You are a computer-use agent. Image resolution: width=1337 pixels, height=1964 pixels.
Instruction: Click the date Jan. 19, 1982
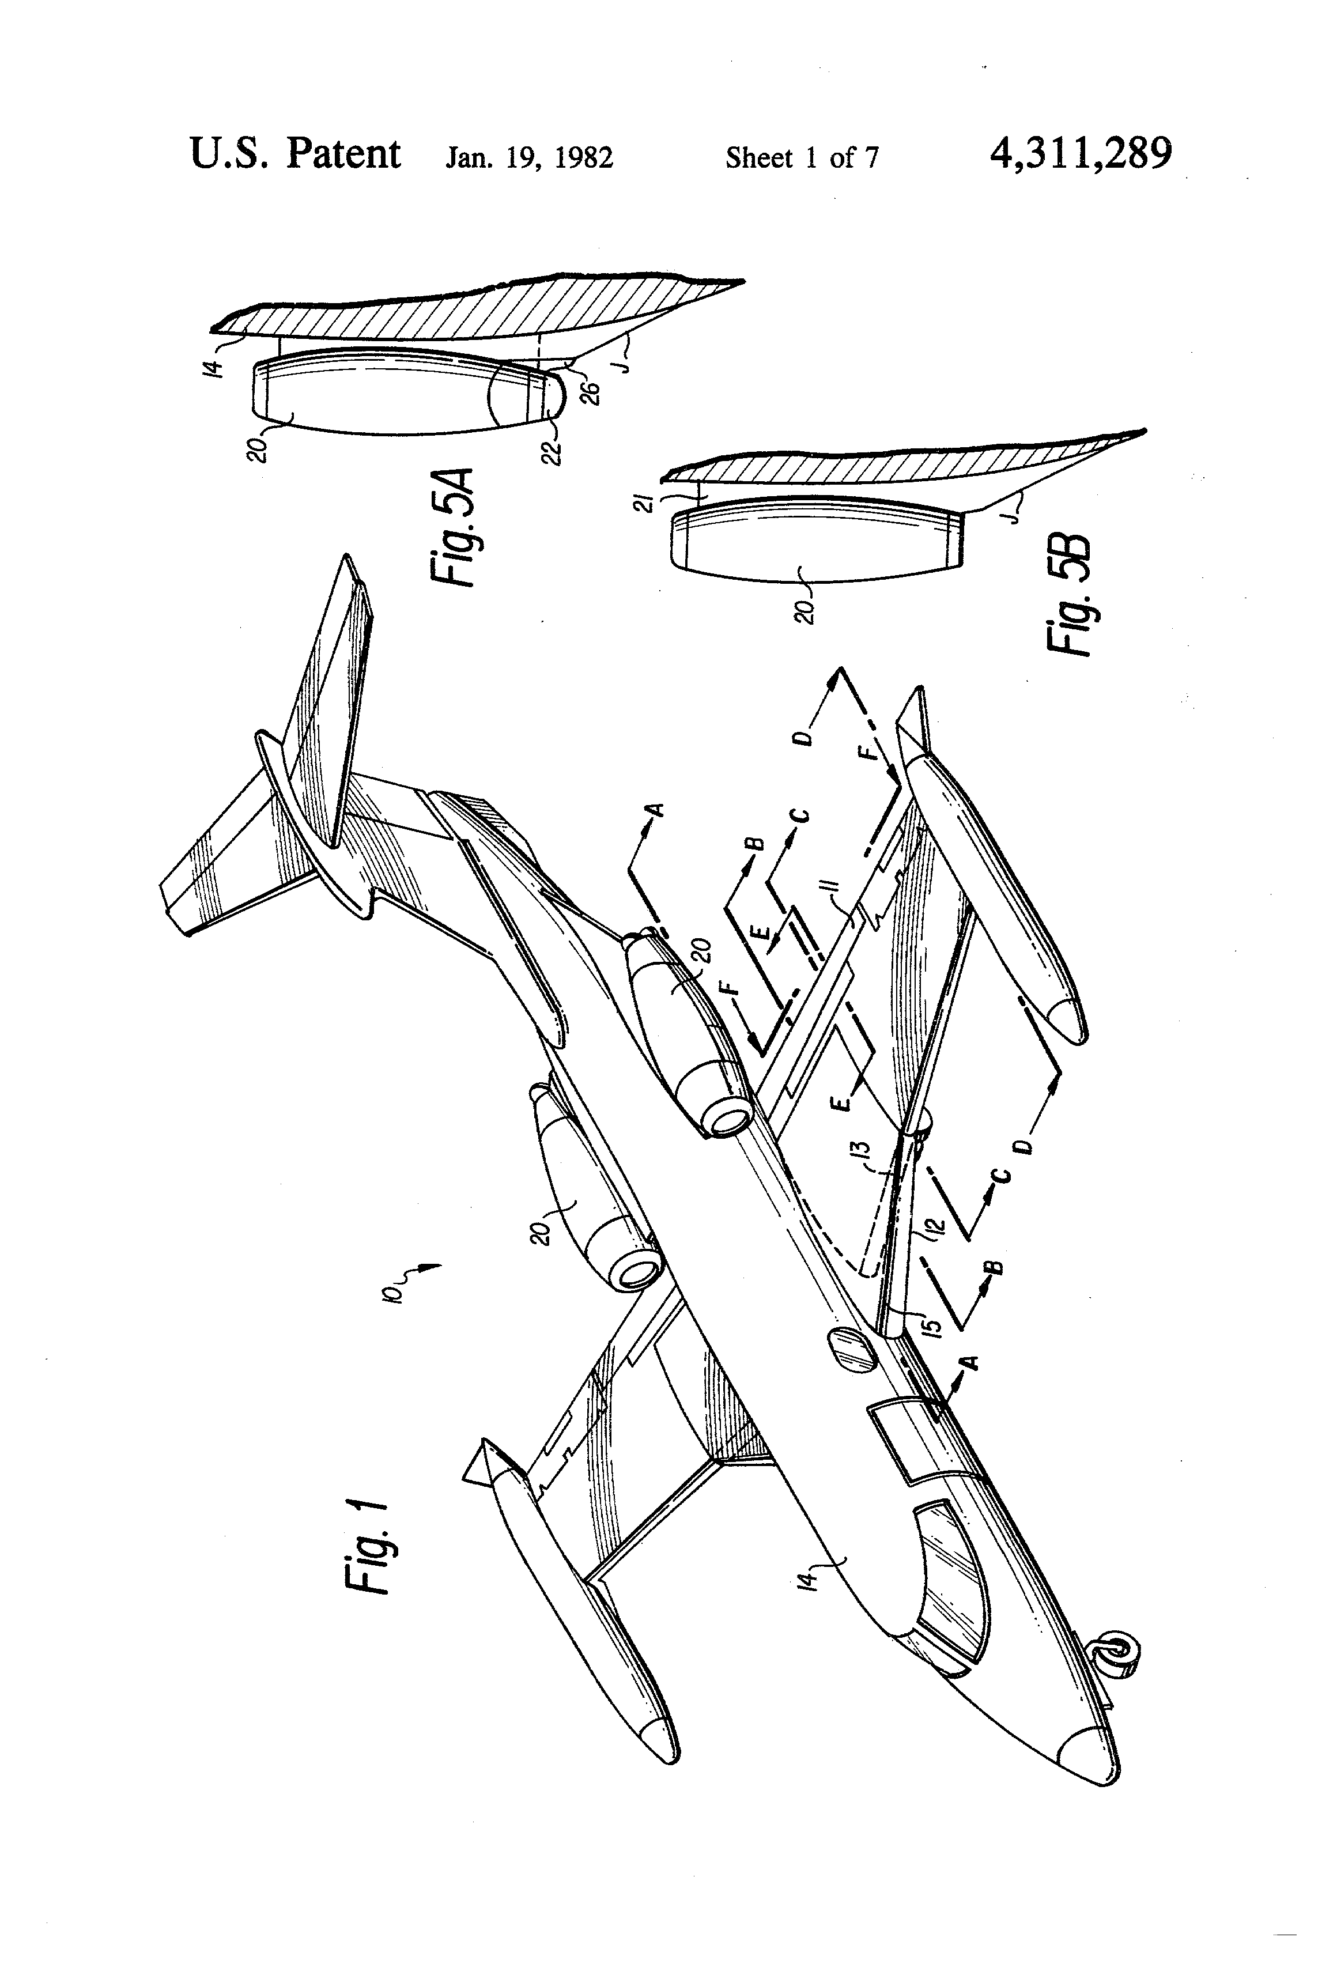click(x=529, y=158)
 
